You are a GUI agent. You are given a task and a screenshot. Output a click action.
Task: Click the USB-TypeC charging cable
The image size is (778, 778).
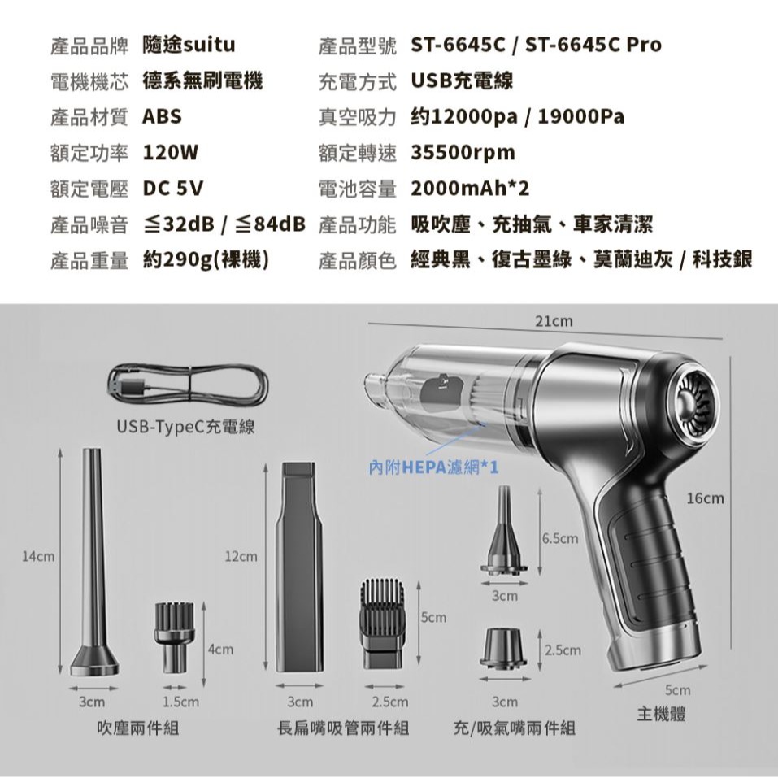[x=188, y=385]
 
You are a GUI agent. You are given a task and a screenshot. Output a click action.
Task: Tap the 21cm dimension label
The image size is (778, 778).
[x=554, y=322]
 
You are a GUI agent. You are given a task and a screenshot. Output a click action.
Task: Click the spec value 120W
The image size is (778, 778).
[x=171, y=153]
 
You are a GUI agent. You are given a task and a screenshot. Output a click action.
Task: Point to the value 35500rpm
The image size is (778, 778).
[x=463, y=153]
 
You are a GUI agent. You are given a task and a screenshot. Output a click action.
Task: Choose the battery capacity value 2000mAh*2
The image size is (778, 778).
[x=470, y=189]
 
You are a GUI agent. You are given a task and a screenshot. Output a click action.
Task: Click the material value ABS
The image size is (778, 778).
[x=162, y=116]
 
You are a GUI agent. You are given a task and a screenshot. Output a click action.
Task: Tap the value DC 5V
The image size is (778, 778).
[x=172, y=189]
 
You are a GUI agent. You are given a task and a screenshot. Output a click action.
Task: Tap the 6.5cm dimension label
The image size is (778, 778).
[x=559, y=539]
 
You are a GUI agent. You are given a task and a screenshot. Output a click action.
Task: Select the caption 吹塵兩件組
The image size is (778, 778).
[x=137, y=727]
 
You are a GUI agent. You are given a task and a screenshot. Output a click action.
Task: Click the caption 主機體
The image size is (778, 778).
[x=661, y=715]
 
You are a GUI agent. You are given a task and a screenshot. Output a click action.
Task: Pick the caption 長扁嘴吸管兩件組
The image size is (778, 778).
[x=343, y=727]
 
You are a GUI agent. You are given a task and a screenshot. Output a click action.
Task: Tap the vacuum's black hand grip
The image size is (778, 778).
[x=650, y=569]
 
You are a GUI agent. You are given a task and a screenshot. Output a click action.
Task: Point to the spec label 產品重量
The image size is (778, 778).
[x=89, y=260]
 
